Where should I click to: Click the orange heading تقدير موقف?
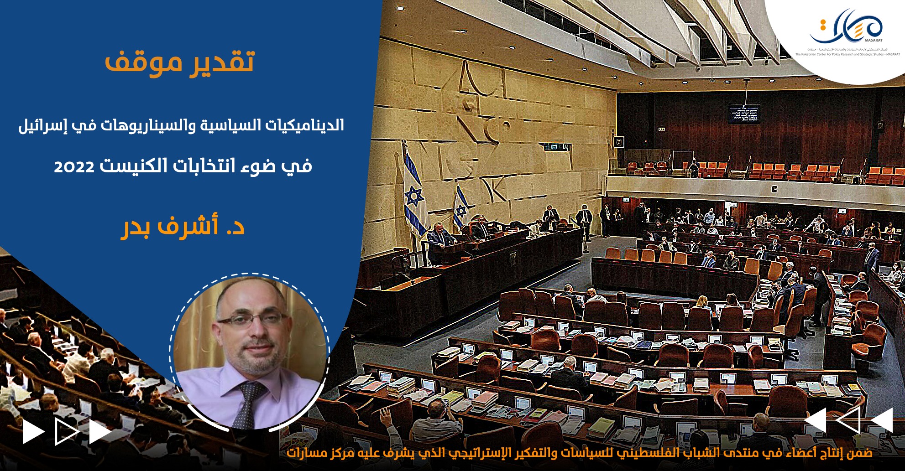pos(179,62)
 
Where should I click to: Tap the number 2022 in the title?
pos(74,167)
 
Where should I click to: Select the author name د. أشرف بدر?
pos(183,227)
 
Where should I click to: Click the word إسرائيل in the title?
pos(40,126)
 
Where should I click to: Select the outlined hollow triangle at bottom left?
pos(66,432)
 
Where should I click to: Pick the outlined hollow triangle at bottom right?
pos(850,420)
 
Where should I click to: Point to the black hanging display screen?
pos(743,114)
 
